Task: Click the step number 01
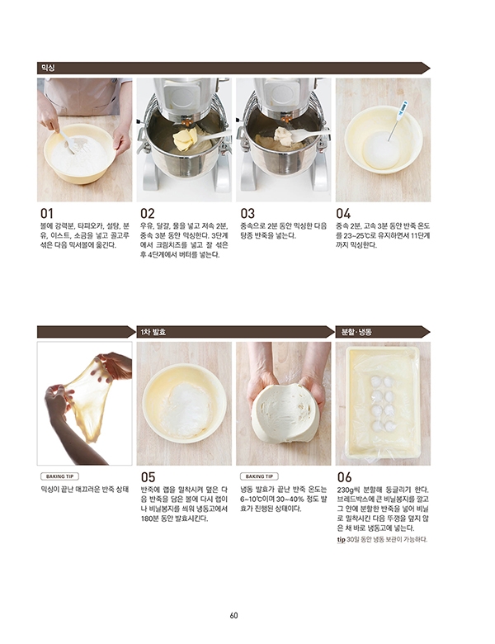(46, 214)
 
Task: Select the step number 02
(148, 214)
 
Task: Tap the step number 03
(247, 214)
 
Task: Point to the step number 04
(343, 214)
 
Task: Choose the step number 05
(148, 477)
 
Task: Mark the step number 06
(344, 477)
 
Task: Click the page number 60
(234, 615)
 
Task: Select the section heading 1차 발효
(153, 331)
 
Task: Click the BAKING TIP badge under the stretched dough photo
(60, 476)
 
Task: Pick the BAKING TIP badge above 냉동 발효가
(259, 476)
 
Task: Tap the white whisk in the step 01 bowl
(68, 141)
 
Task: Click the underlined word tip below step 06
(341, 540)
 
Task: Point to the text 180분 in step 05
(149, 519)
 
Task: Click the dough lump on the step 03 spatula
(283, 134)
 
